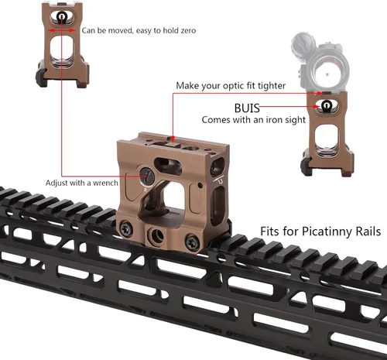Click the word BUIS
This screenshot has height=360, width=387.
pos(247,108)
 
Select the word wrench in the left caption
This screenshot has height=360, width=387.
pos(105,183)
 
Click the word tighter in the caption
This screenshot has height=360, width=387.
pos(272,86)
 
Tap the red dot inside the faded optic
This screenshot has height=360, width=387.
pos(327,74)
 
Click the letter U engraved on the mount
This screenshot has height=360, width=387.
pos(220,180)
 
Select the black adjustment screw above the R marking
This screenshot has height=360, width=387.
pos(147,176)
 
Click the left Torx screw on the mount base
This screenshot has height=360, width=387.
pos(127,228)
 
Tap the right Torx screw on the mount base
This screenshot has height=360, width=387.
pos(193,242)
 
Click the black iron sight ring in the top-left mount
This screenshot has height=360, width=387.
pos(61,17)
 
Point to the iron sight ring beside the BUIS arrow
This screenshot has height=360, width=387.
pos(325,105)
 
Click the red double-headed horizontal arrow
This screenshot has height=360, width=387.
pos(62,30)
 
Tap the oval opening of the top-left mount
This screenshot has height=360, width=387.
pos(62,51)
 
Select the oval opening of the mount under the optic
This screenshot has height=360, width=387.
pos(326,140)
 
